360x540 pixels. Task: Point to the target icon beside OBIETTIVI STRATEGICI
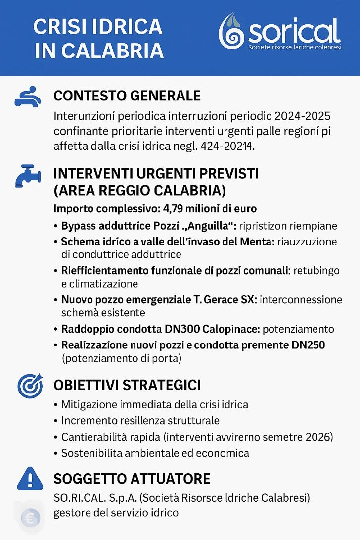click(28, 386)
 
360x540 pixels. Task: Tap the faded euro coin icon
click(30, 518)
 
